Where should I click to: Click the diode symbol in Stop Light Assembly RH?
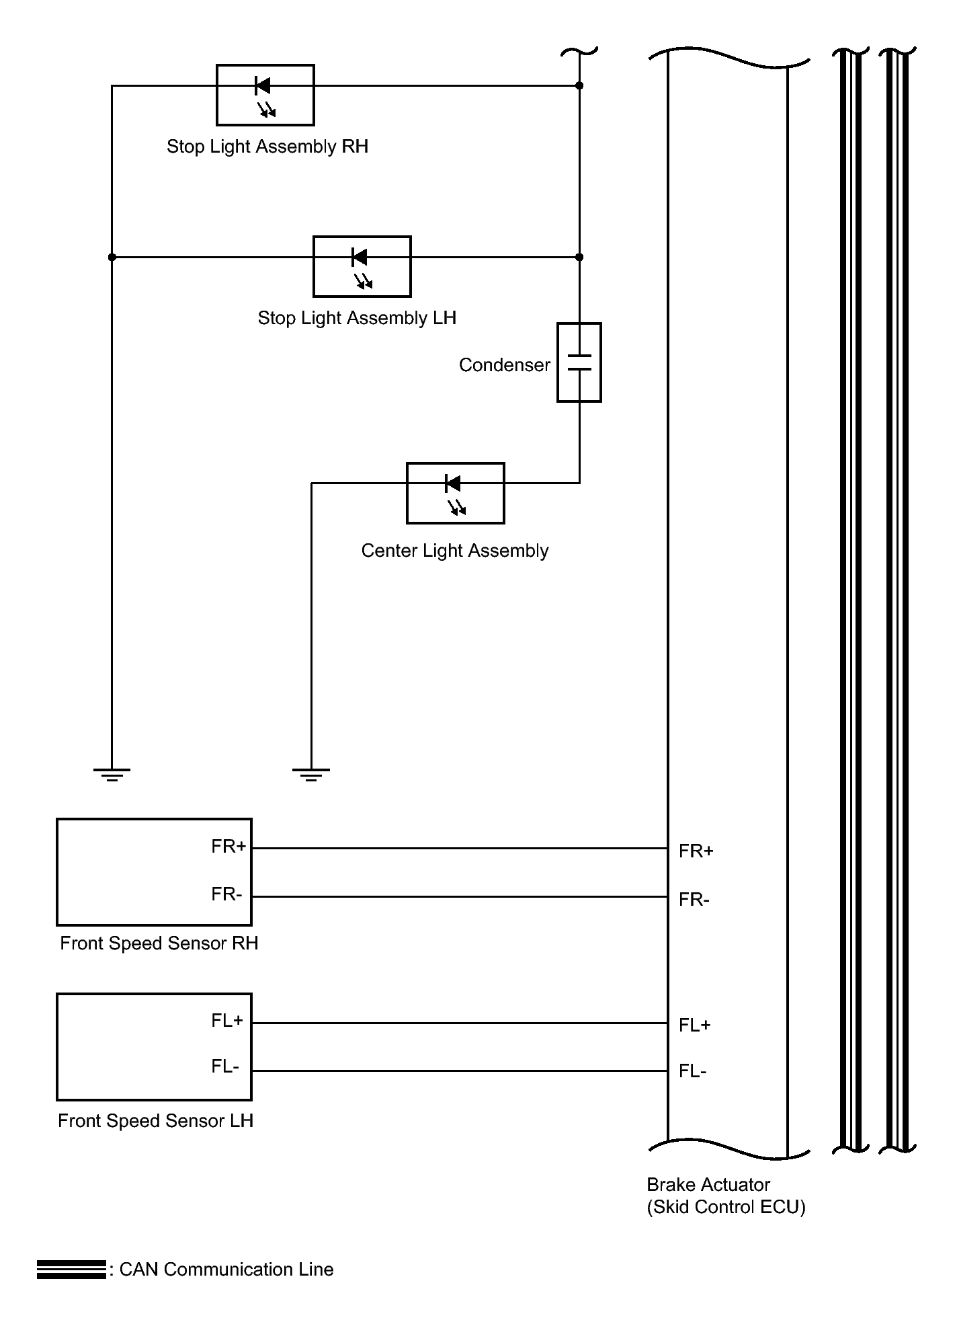pos(263,86)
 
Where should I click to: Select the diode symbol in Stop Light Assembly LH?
pos(360,257)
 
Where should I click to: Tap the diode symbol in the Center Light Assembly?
pos(453,483)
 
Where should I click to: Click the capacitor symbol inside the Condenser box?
pos(579,362)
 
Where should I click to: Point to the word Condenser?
pos(505,365)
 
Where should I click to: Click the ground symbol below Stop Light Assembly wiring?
pos(112,775)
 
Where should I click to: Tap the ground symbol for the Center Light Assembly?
pos(311,775)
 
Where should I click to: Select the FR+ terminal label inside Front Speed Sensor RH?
pos(228,847)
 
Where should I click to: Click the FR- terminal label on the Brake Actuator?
pos(694,900)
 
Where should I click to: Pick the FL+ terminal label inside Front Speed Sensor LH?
pos(227,1021)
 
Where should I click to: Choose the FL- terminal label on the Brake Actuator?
pos(693,1071)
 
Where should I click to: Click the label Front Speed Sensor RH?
pos(159,943)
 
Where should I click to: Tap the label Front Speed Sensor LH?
pos(155,1121)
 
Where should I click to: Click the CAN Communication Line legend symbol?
pos(71,1270)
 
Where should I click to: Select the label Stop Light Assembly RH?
pos(267,147)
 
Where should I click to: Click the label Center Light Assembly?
pos(455,551)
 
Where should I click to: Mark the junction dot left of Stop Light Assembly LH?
pos(112,257)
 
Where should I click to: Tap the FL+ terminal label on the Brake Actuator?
pos(695,1025)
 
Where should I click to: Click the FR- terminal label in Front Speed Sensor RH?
pos(226,894)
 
